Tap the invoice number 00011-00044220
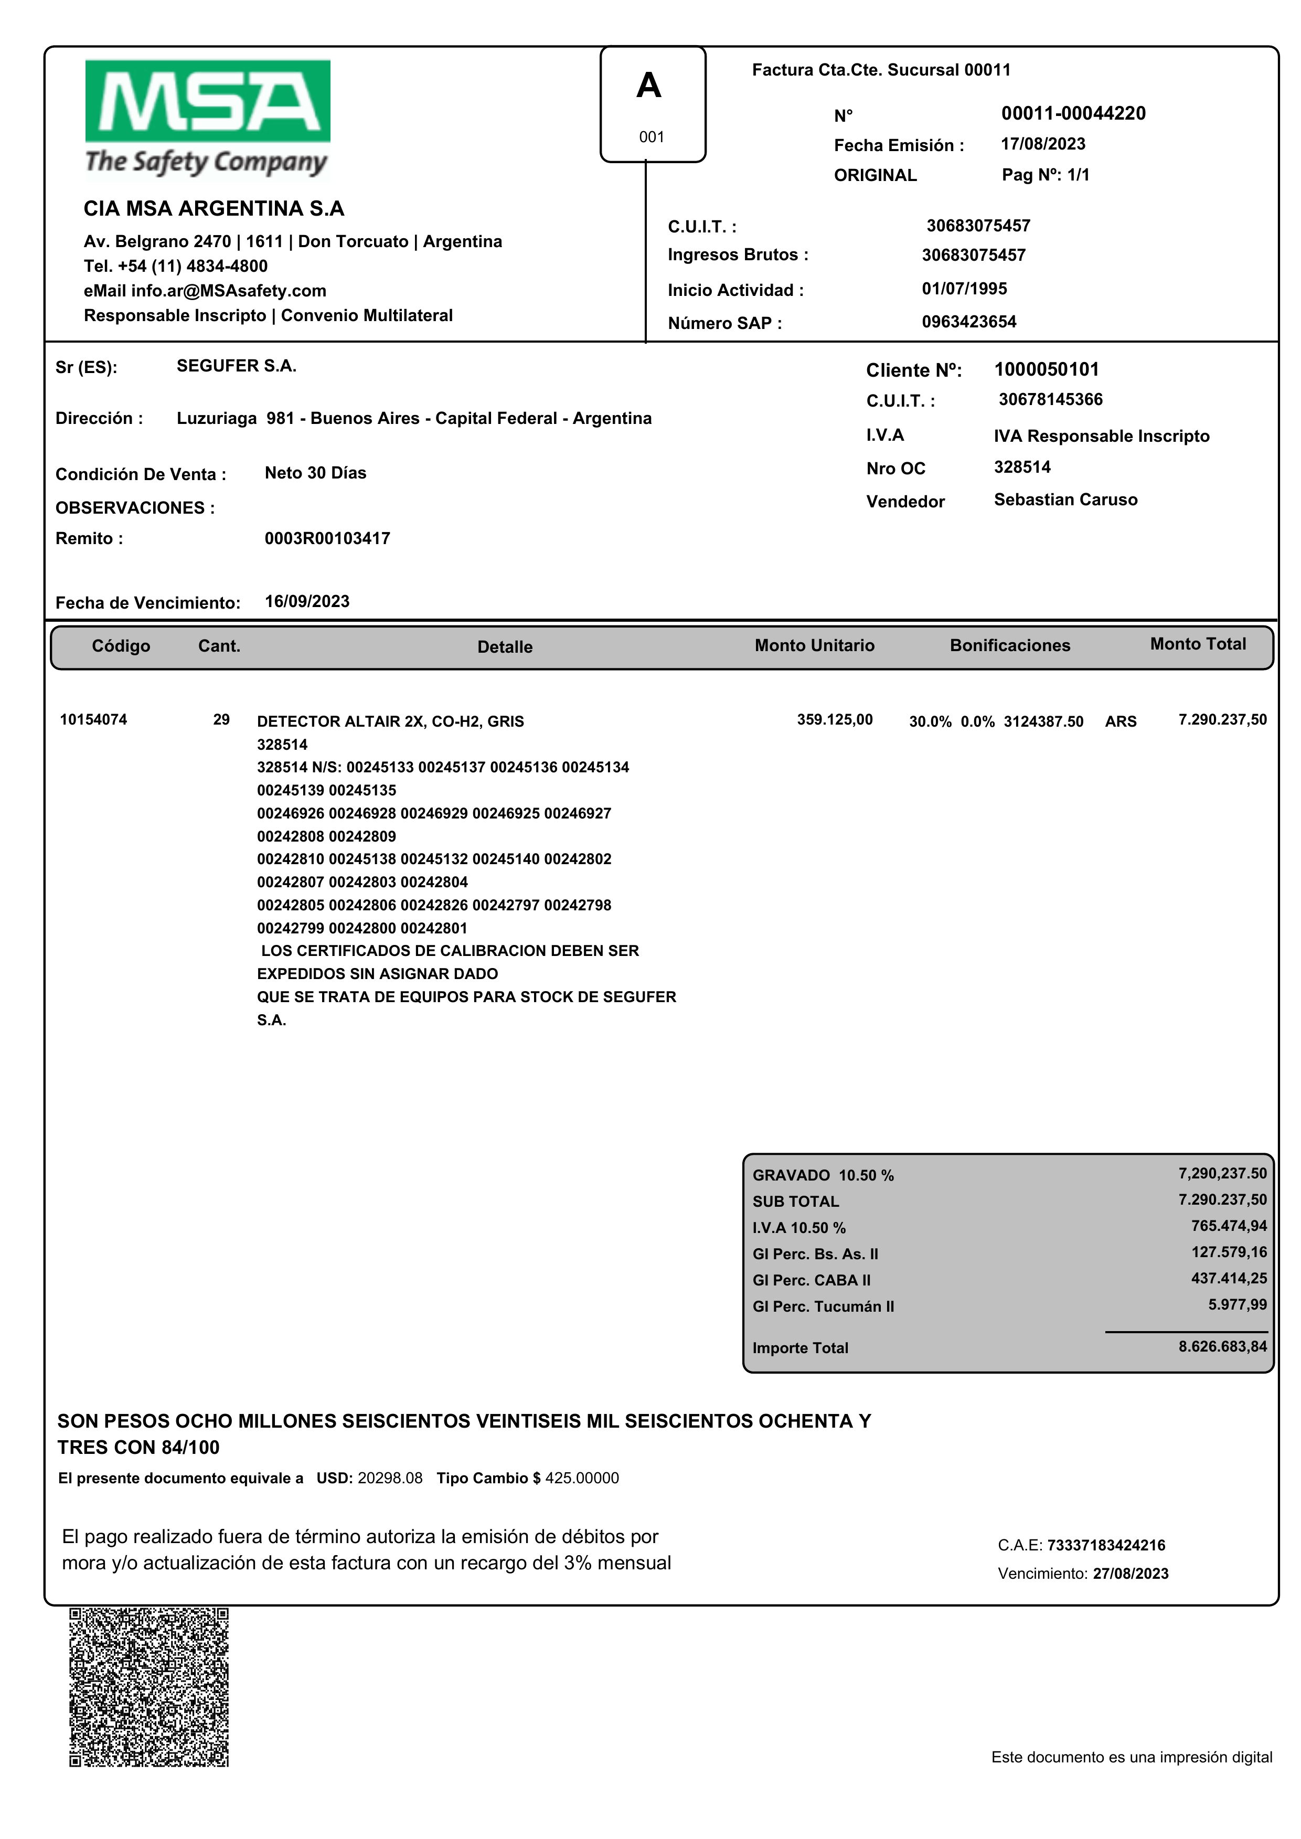click(x=1073, y=114)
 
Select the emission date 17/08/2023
click(x=1042, y=144)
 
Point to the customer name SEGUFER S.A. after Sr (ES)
click(x=236, y=366)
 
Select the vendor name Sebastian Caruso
click(x=1065, y=500)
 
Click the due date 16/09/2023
click(x=307, y=602)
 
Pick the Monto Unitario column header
click(x=814, y=646)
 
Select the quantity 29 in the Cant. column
click(x=221, y=719)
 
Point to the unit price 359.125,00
click(x=834, y=719)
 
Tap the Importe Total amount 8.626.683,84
click(x=1222, y=1346)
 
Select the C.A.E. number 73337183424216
click(x=1105, y=1545)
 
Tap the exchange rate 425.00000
click(x=582, y=1479)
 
